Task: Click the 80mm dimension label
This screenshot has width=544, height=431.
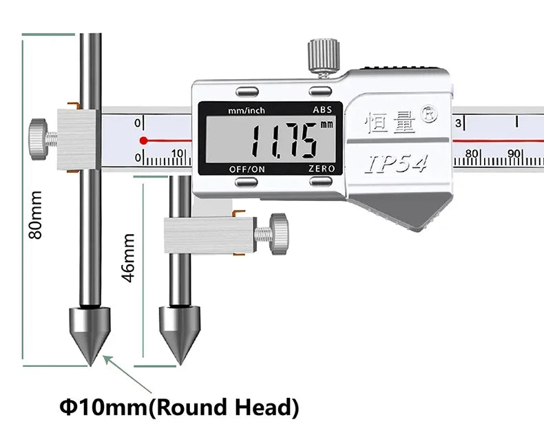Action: click(35, 215)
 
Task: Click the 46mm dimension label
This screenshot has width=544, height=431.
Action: click(128, 257)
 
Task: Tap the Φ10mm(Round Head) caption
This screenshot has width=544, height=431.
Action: click(179, 408)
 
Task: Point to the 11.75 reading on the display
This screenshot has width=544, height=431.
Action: click(284, 141)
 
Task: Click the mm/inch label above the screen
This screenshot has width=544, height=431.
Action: click(247, 111)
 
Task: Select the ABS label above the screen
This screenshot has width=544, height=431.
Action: click(322, 109)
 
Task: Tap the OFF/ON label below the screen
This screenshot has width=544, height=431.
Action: click(247, 169)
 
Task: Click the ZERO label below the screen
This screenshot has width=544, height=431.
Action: click(322, 169)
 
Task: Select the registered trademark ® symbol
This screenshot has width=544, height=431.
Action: click(429, 114)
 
